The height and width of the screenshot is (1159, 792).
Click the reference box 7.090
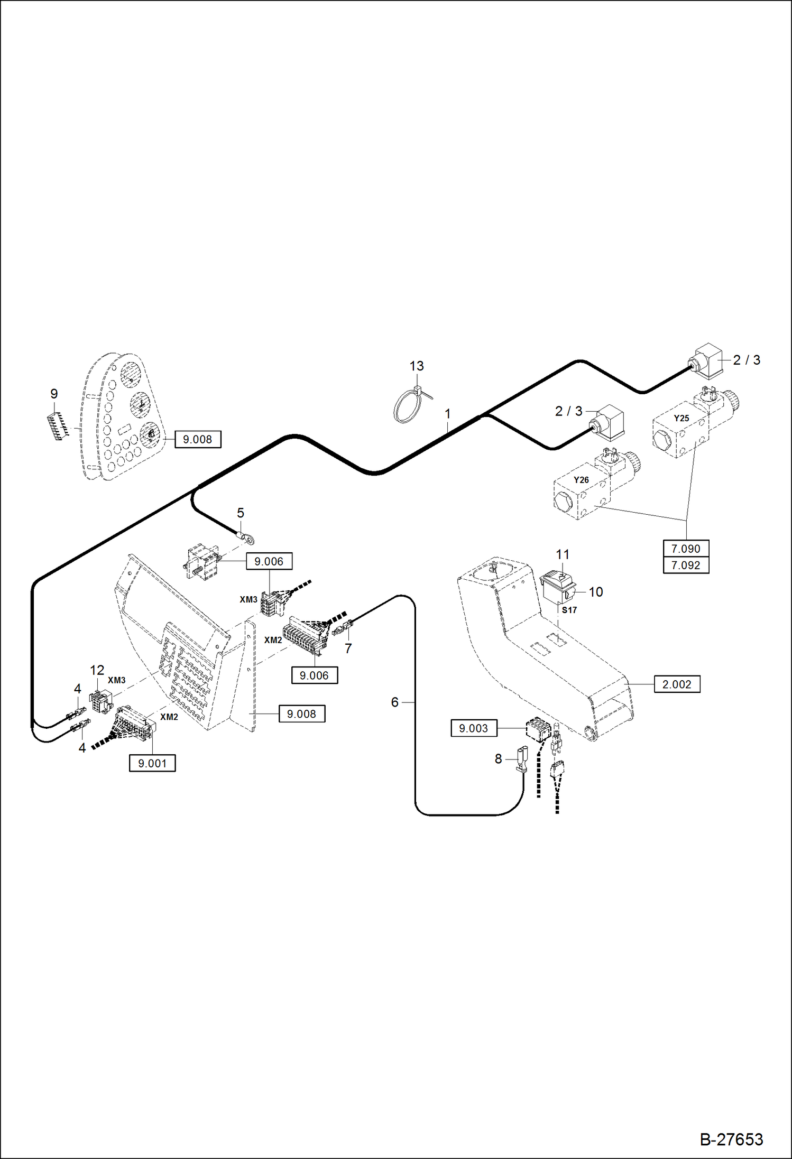[685, 549]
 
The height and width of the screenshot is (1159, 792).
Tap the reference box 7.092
[685, 565]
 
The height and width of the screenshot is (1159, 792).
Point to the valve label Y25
[681, 418]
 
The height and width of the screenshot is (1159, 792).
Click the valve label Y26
[581, 480]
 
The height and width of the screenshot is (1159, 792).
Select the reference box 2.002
[677, 684]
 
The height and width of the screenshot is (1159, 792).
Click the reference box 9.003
[473, 728]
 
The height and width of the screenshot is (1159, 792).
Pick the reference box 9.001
[152, 763]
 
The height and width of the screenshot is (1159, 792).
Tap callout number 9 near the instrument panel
[54, 394]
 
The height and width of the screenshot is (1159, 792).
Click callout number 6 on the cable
[394, 702]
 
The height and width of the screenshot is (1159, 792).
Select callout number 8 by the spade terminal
[498, 758]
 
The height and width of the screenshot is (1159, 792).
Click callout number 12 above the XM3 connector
[97, 670]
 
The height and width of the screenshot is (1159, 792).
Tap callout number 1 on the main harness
[447, 414]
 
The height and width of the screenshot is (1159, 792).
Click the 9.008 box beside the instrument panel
[197, 439]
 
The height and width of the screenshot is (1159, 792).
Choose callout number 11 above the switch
[562, 554]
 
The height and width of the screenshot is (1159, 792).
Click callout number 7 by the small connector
[348, 648]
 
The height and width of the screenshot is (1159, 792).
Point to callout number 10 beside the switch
[595, 592]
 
